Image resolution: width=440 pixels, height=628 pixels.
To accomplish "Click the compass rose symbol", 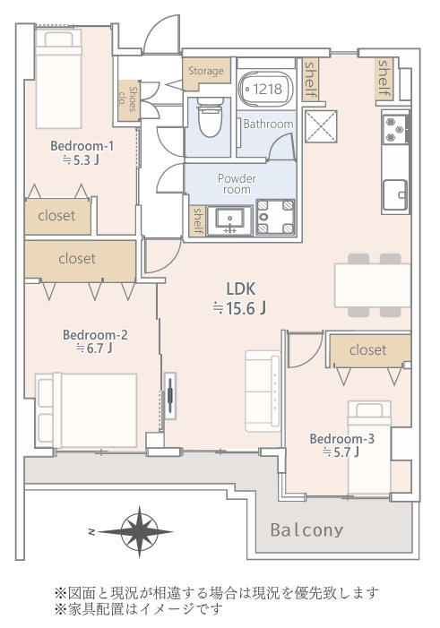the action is point(139,532).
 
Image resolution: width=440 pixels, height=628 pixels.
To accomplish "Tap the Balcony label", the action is point(307,529).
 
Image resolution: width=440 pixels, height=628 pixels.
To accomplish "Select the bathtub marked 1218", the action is point(265,89).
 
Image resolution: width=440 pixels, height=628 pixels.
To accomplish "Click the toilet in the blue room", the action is point(210,117).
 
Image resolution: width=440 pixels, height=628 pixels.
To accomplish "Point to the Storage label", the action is point(206,71).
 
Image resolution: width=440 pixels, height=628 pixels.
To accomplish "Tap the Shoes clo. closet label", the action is point(127,99).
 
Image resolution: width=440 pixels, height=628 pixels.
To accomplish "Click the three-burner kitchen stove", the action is point(395,129).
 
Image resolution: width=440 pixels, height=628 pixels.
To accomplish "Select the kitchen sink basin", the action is point(395,195).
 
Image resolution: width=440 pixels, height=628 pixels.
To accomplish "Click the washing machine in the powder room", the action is point(275,217).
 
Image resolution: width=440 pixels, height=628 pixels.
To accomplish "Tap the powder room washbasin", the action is point(230,220).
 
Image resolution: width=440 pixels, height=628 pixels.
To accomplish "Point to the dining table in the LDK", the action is point(372,285).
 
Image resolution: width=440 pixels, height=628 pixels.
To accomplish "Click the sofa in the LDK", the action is point(263,391).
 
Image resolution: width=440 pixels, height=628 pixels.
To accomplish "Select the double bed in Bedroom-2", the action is point(86,411).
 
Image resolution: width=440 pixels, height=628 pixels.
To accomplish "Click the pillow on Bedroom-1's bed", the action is point(58,39).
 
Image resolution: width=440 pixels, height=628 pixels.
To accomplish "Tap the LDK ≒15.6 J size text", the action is point(239,298).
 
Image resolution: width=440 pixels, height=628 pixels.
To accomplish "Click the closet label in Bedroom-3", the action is point(368,350).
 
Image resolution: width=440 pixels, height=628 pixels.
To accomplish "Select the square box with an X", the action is point(321,126).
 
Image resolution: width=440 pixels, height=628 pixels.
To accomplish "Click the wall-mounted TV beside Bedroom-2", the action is point(170,396).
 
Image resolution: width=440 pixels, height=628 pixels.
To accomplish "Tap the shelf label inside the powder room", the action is point(197,219).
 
